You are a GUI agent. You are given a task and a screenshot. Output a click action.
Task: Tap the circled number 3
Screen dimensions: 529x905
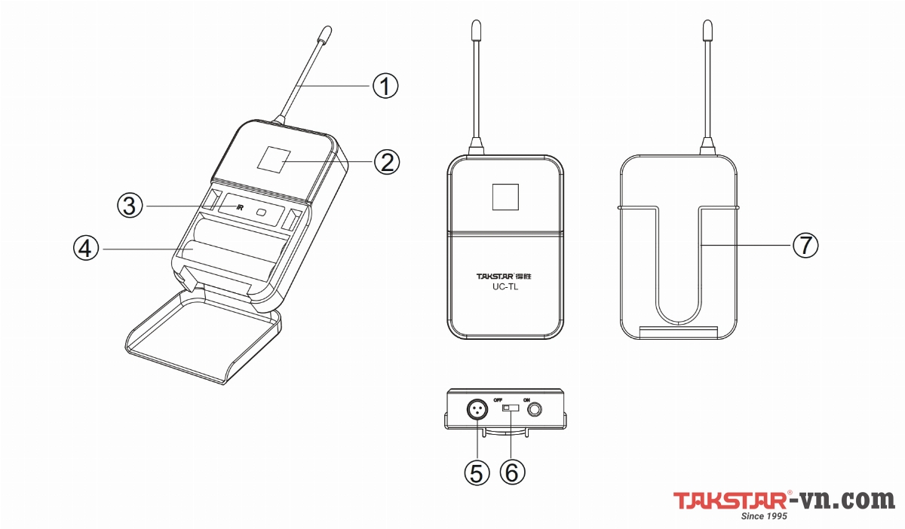tap(130, 205)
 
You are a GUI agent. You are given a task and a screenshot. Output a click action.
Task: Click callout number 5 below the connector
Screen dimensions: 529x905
tap(477, 472)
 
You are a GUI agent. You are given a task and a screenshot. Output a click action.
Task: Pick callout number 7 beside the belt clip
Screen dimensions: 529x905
tap(804, 245)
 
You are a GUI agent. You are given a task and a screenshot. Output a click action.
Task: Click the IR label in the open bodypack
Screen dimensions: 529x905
tap(239, 208)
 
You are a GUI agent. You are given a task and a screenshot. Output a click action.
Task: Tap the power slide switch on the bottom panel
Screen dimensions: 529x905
tap(511, 408)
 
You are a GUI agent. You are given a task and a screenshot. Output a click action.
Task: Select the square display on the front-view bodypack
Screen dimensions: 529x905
tap(505, 197)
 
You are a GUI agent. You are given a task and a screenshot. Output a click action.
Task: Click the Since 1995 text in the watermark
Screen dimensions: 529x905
tap(765, 516)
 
